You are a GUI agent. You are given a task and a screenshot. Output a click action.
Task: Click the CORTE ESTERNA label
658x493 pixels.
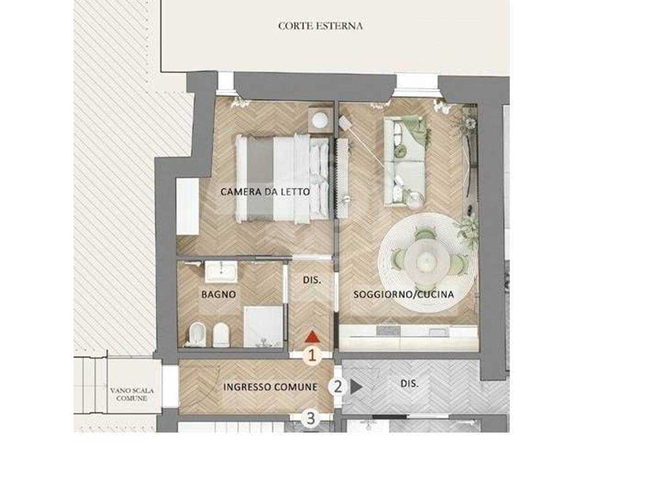tap(320, 26)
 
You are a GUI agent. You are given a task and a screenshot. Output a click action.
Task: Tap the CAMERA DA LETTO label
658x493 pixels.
tap(265, 192)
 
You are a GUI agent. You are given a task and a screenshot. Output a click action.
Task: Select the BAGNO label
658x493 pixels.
tap(218, 294)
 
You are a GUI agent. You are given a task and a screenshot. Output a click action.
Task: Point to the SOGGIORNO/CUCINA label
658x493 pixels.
tap(404, 294)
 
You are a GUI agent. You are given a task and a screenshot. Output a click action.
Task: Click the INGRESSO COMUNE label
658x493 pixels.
tap(270, 387)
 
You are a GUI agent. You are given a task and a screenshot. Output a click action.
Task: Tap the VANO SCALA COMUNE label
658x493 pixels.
tap(132, 394)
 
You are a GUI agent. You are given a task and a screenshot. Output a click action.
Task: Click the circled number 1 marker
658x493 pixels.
tap(312, 356)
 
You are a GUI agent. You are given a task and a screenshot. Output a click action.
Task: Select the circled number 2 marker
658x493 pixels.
tap(338, 387)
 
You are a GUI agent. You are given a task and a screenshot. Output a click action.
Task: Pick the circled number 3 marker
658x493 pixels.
tap(311, 418)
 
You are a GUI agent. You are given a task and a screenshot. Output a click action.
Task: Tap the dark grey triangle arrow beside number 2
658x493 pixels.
tap(356, 387)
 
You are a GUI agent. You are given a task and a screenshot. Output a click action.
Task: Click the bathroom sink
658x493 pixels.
tap(221, 271)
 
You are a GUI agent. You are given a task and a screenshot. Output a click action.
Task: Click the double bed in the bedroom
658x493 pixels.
tap(282, 178)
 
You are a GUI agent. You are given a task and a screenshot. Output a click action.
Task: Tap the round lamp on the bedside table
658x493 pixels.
tap(320, 120)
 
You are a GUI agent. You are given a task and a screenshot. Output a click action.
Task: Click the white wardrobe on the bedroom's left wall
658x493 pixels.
tap(188, 206)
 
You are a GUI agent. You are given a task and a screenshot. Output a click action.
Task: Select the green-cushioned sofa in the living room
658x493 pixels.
tap(405, 162)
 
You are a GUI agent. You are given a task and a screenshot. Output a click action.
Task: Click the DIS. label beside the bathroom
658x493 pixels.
tap(312, 280)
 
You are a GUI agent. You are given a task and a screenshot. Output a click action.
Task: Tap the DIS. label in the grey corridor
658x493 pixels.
tap(409, 384)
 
